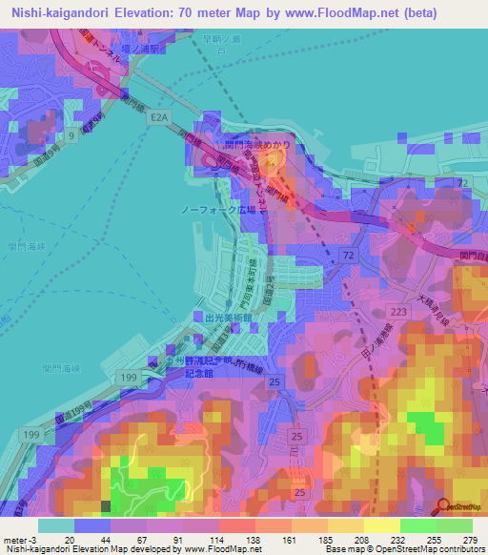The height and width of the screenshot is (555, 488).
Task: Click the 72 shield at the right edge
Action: point(463,181)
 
